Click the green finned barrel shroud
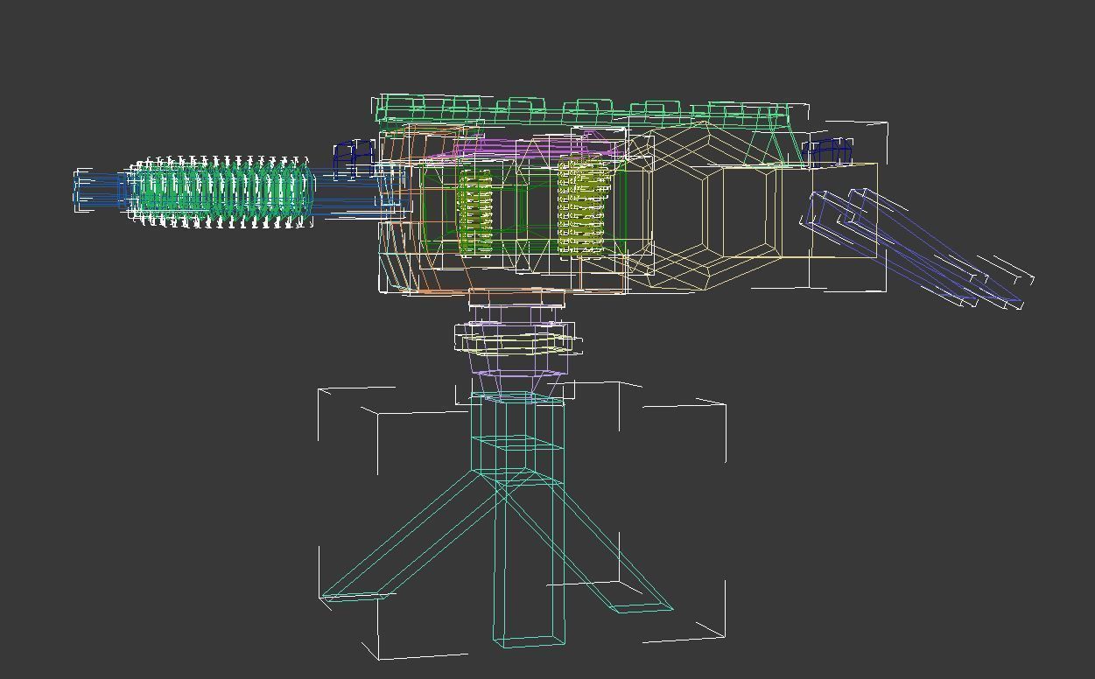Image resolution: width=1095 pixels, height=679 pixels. coord(223,192)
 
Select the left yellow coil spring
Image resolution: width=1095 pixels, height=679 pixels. coord(475,213)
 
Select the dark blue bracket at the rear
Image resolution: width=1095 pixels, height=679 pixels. coord(828,150)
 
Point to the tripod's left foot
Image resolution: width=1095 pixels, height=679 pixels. coord(354,596)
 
